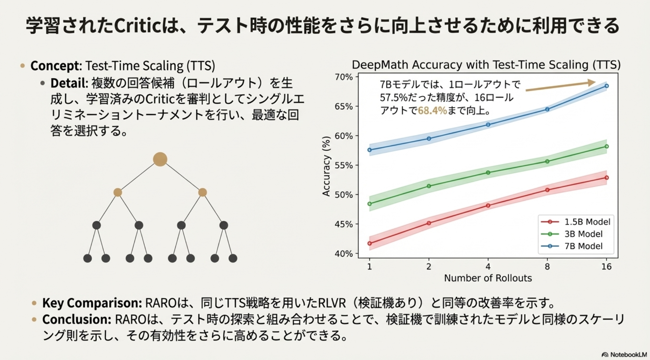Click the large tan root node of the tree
coord(160,159)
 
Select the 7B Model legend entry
coord(583,246)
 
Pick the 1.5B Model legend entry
coord(587,222)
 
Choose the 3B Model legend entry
coord(583,234)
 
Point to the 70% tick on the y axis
coord(344,77)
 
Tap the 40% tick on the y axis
coord(344,254)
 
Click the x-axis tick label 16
coord(606,267)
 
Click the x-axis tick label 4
coord(488,267)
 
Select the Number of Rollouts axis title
coord(488,278)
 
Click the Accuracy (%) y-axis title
coord(326,166)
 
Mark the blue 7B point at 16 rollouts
coord(607,86)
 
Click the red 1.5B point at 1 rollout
coord(370,243)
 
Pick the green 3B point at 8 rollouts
coord(547,161)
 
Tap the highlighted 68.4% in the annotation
coord(432,111)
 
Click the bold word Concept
coord(55,66)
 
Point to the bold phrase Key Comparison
coord(92,303)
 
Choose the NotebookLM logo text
coord(628,355)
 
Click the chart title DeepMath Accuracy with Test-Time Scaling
coord(486,65)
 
